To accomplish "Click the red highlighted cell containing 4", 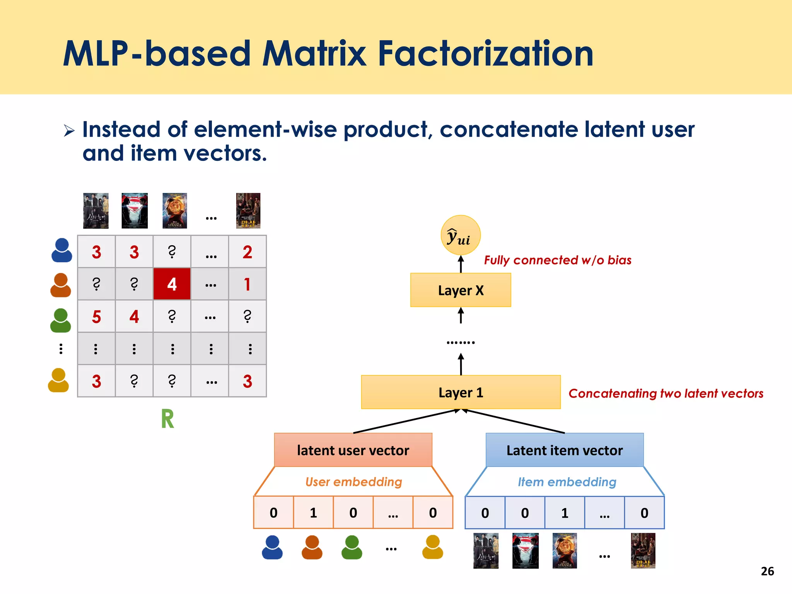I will click(172, 284).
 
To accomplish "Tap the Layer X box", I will click(461, 290).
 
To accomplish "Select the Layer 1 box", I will click(461, 392).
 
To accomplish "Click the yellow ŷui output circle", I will click(460, 235).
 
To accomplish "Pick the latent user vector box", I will click(353, 450).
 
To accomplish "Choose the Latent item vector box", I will click(564, 450).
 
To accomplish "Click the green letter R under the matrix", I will click(167, 419).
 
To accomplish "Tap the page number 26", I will click(767, 571).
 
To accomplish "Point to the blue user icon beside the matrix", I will click(61, 250).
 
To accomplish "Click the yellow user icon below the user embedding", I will click(432, 547).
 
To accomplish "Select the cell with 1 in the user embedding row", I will click(313, 513).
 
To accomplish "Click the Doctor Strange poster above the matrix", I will click(175, 211).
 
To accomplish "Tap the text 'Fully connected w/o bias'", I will click(557, 260).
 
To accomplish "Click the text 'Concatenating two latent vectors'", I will click(666, 393).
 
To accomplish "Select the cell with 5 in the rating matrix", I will click(96, 317).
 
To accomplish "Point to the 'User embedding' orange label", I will click(353, 482).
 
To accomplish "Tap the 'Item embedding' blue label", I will click(567, 482).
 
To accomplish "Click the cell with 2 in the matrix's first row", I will click(247, 252).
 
